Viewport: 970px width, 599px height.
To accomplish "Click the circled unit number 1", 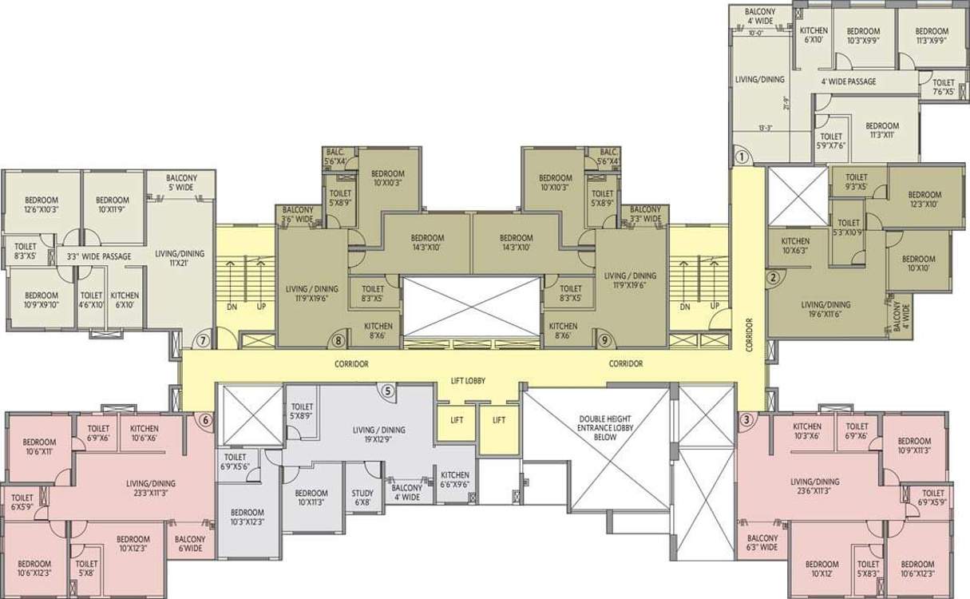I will [741, 157].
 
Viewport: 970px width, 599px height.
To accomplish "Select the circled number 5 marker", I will [388, 391].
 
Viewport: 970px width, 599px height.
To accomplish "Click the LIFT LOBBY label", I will [469, 382].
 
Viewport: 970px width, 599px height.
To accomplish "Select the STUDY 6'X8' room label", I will [362, 498].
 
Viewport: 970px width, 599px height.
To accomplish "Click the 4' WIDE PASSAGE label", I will [848, 81].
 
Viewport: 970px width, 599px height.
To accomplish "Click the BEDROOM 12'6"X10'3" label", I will [39, 205].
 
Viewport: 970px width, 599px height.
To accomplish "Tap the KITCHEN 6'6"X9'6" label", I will [455, 480].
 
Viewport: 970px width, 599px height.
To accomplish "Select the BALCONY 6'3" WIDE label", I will [762, 543].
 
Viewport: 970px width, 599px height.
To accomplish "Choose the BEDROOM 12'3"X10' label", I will [924, 199].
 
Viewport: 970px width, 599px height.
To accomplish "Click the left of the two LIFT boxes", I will [457, 420].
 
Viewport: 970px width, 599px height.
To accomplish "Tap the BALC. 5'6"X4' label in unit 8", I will [335, 157].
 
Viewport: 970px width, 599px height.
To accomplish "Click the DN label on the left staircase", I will [231, 306].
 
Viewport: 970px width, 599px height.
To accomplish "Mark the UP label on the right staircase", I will [715, 306].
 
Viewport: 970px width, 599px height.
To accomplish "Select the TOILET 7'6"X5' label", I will [944, 87].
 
